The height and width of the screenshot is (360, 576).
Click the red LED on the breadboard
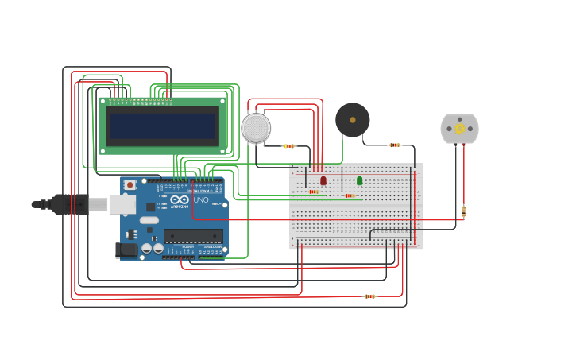[x=323, y=180]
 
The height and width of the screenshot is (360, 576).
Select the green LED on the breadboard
[x=359, y=180]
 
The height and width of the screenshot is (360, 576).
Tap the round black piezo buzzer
[x=352, y=120]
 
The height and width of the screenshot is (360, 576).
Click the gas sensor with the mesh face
[x=256, y=128]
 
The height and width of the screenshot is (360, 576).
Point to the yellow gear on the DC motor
[x=459, y=129]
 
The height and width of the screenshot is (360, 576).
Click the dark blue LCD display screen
[x=163, y=126]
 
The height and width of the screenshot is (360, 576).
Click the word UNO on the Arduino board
[x=201, y=200]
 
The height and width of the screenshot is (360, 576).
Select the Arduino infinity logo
[x=180, y=199]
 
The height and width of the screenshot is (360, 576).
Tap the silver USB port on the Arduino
[x=121, y=204]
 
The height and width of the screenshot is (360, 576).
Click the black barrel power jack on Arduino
[x=127, y=250]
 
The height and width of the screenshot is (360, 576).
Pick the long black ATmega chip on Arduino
[x=193, y=235]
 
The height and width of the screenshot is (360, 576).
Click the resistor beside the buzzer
[x=395, y=145]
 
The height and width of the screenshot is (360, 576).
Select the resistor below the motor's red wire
[x=463, y=211]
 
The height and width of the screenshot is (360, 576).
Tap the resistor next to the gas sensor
[x=289, y=145]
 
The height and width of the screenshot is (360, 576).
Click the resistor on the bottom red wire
[x=369, y=296]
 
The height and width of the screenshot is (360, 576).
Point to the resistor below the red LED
[x=314, y=192]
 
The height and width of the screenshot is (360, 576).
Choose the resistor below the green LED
[x=350, y=195]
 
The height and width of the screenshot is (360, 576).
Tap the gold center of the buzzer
[x=352, y=120]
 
